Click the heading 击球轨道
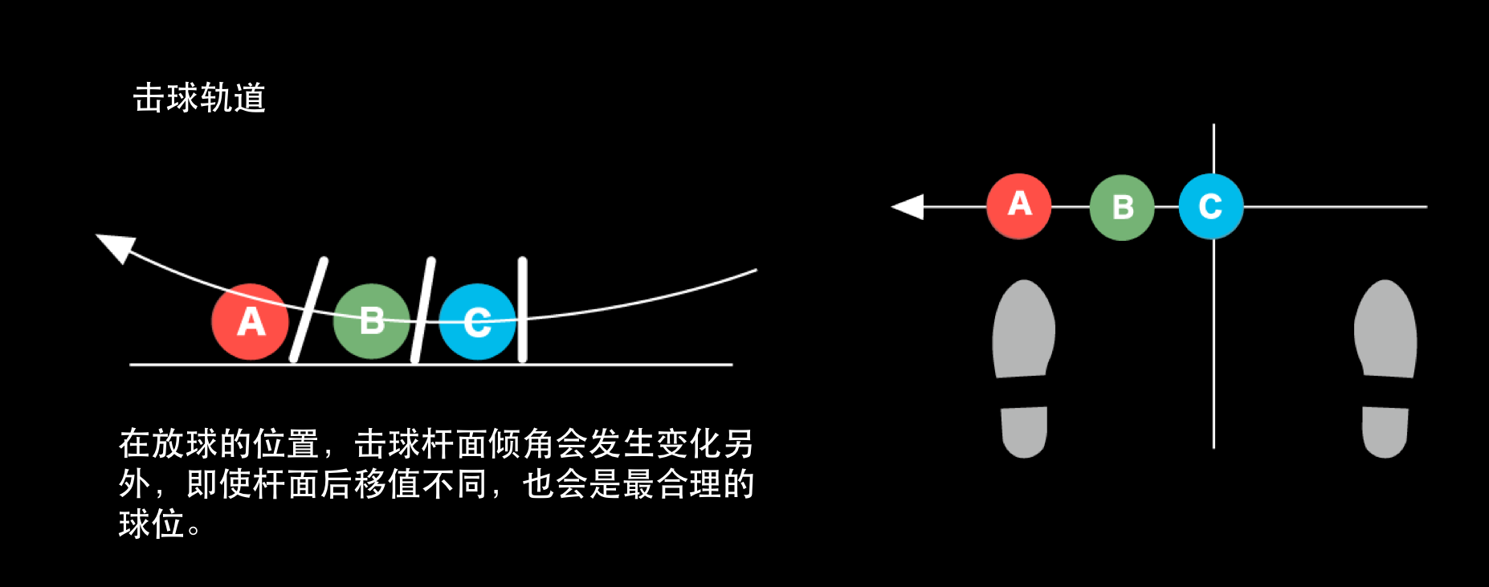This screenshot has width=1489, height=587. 199,98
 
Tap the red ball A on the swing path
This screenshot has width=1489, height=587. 250,321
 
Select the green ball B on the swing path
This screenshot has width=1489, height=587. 371,320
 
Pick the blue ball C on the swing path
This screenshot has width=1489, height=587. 477,321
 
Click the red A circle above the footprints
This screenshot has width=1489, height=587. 1018,206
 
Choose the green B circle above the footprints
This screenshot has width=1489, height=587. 1121,207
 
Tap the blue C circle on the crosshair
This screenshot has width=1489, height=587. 1210,206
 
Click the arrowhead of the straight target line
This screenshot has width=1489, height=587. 908,206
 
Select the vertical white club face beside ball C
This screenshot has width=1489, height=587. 523,309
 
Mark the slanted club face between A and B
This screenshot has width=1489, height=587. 309,309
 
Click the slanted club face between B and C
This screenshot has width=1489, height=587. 423,309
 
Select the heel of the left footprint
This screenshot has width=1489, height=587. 1024,431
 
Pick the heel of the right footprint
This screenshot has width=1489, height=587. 1385,431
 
